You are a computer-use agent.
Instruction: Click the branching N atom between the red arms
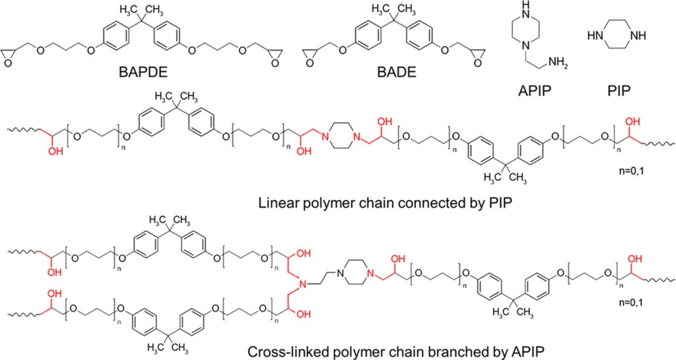(302, 285)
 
